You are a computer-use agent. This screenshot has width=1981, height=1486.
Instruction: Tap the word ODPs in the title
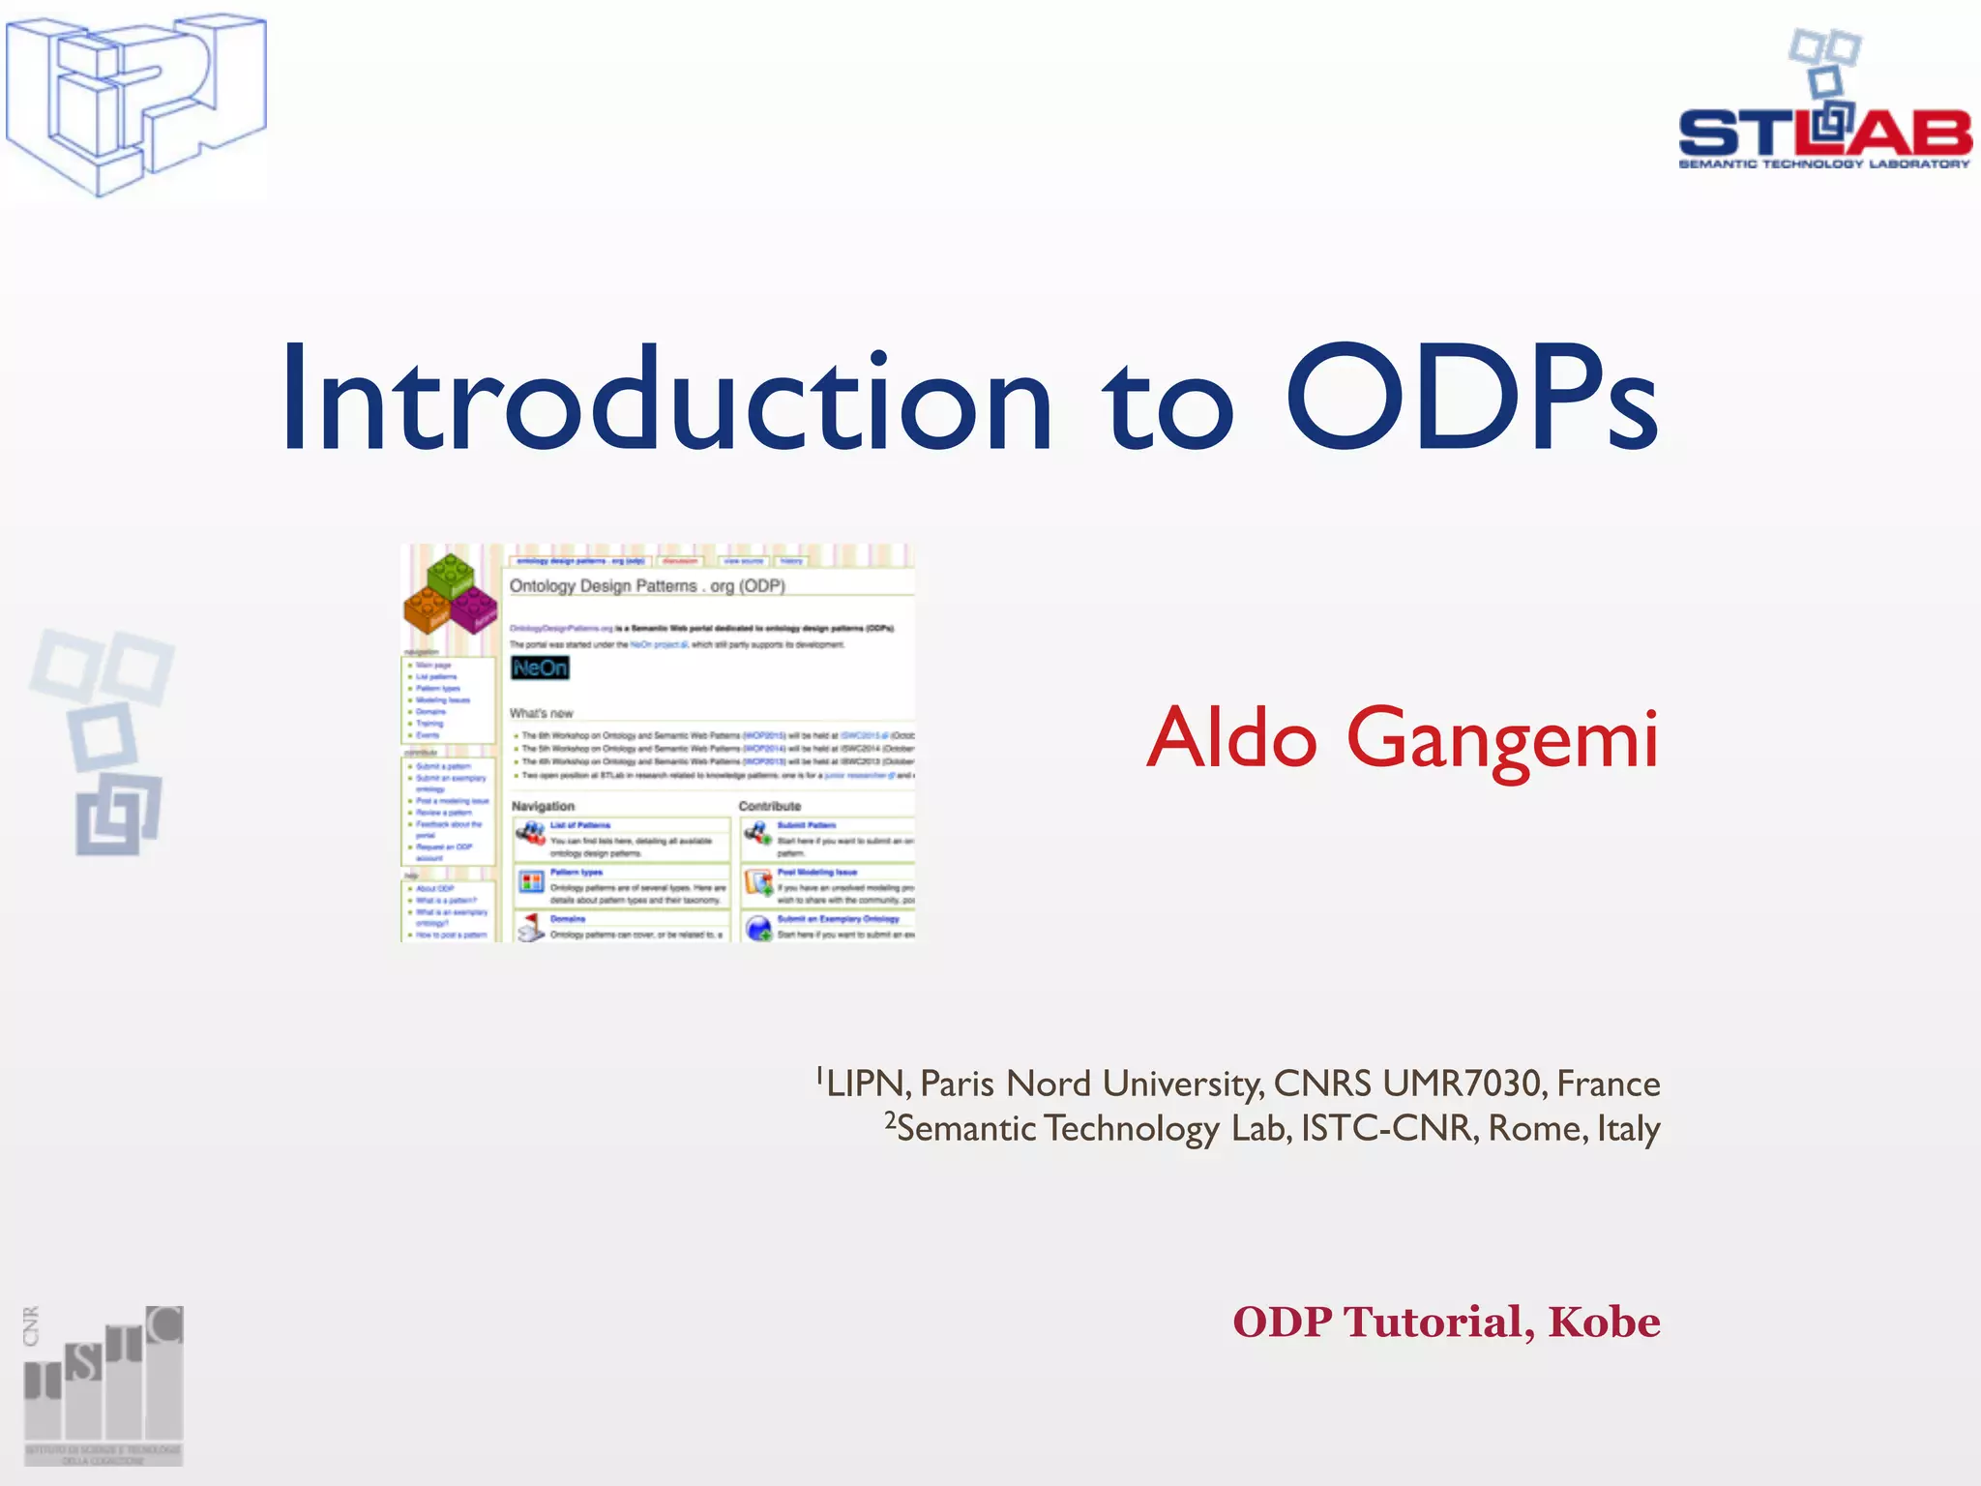click(x=1470, y=399)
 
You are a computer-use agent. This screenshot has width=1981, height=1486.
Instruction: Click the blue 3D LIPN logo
click(x=135, y=104)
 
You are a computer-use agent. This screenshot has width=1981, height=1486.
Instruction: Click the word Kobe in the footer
click(x=1604, y=1322)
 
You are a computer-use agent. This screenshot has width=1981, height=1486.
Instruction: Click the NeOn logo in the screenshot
click(x=540, y=668)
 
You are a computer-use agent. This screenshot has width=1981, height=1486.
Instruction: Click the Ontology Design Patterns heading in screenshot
click(x=647, y=585)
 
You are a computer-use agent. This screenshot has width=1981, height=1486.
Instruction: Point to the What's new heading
click(x=541, y=713)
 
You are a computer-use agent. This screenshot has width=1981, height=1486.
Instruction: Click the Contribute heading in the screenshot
click(x=770, y=806)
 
